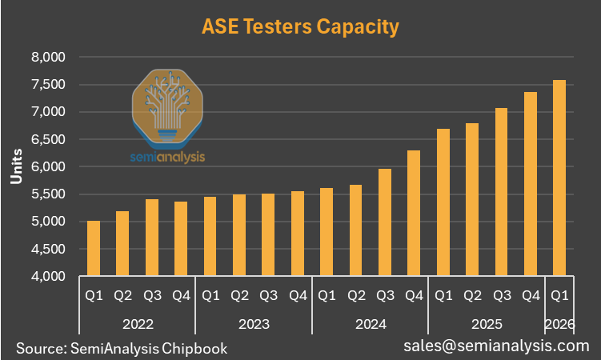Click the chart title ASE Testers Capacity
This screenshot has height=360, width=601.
click(x=301, y=27)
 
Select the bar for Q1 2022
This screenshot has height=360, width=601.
click(x=94, y=248)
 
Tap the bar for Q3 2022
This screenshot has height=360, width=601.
click(x=152, y=238)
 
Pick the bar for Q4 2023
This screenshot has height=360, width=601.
click(x=298, y=234)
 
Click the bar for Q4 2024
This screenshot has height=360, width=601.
click(x=414, y=213)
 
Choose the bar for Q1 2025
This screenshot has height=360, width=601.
click(x=443, y=202)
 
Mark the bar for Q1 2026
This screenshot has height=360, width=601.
click(x=559, y=178)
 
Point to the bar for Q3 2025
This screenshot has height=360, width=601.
click(x=501, y=192)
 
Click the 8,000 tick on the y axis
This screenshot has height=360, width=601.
click(x=48, y=57)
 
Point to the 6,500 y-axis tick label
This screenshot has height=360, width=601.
click(x=48, y=139)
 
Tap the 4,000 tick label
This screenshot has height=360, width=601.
click(x=48, y=276)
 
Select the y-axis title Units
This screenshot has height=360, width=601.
click(x=17, y=166)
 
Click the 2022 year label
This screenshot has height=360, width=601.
click(x=138, y=324)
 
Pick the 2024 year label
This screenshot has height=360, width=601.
click(x=371, y=324)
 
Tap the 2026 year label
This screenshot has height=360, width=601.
click(x=559, y=324)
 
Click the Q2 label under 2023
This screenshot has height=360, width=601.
click(x=239, y=296)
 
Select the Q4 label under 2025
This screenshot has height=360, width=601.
click(x=531, y=296)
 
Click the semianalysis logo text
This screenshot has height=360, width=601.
click(x=167, y=157)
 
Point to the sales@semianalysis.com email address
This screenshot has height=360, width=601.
click(x=496, y=346)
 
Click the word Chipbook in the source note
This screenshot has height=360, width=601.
click(x=194, y=349)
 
